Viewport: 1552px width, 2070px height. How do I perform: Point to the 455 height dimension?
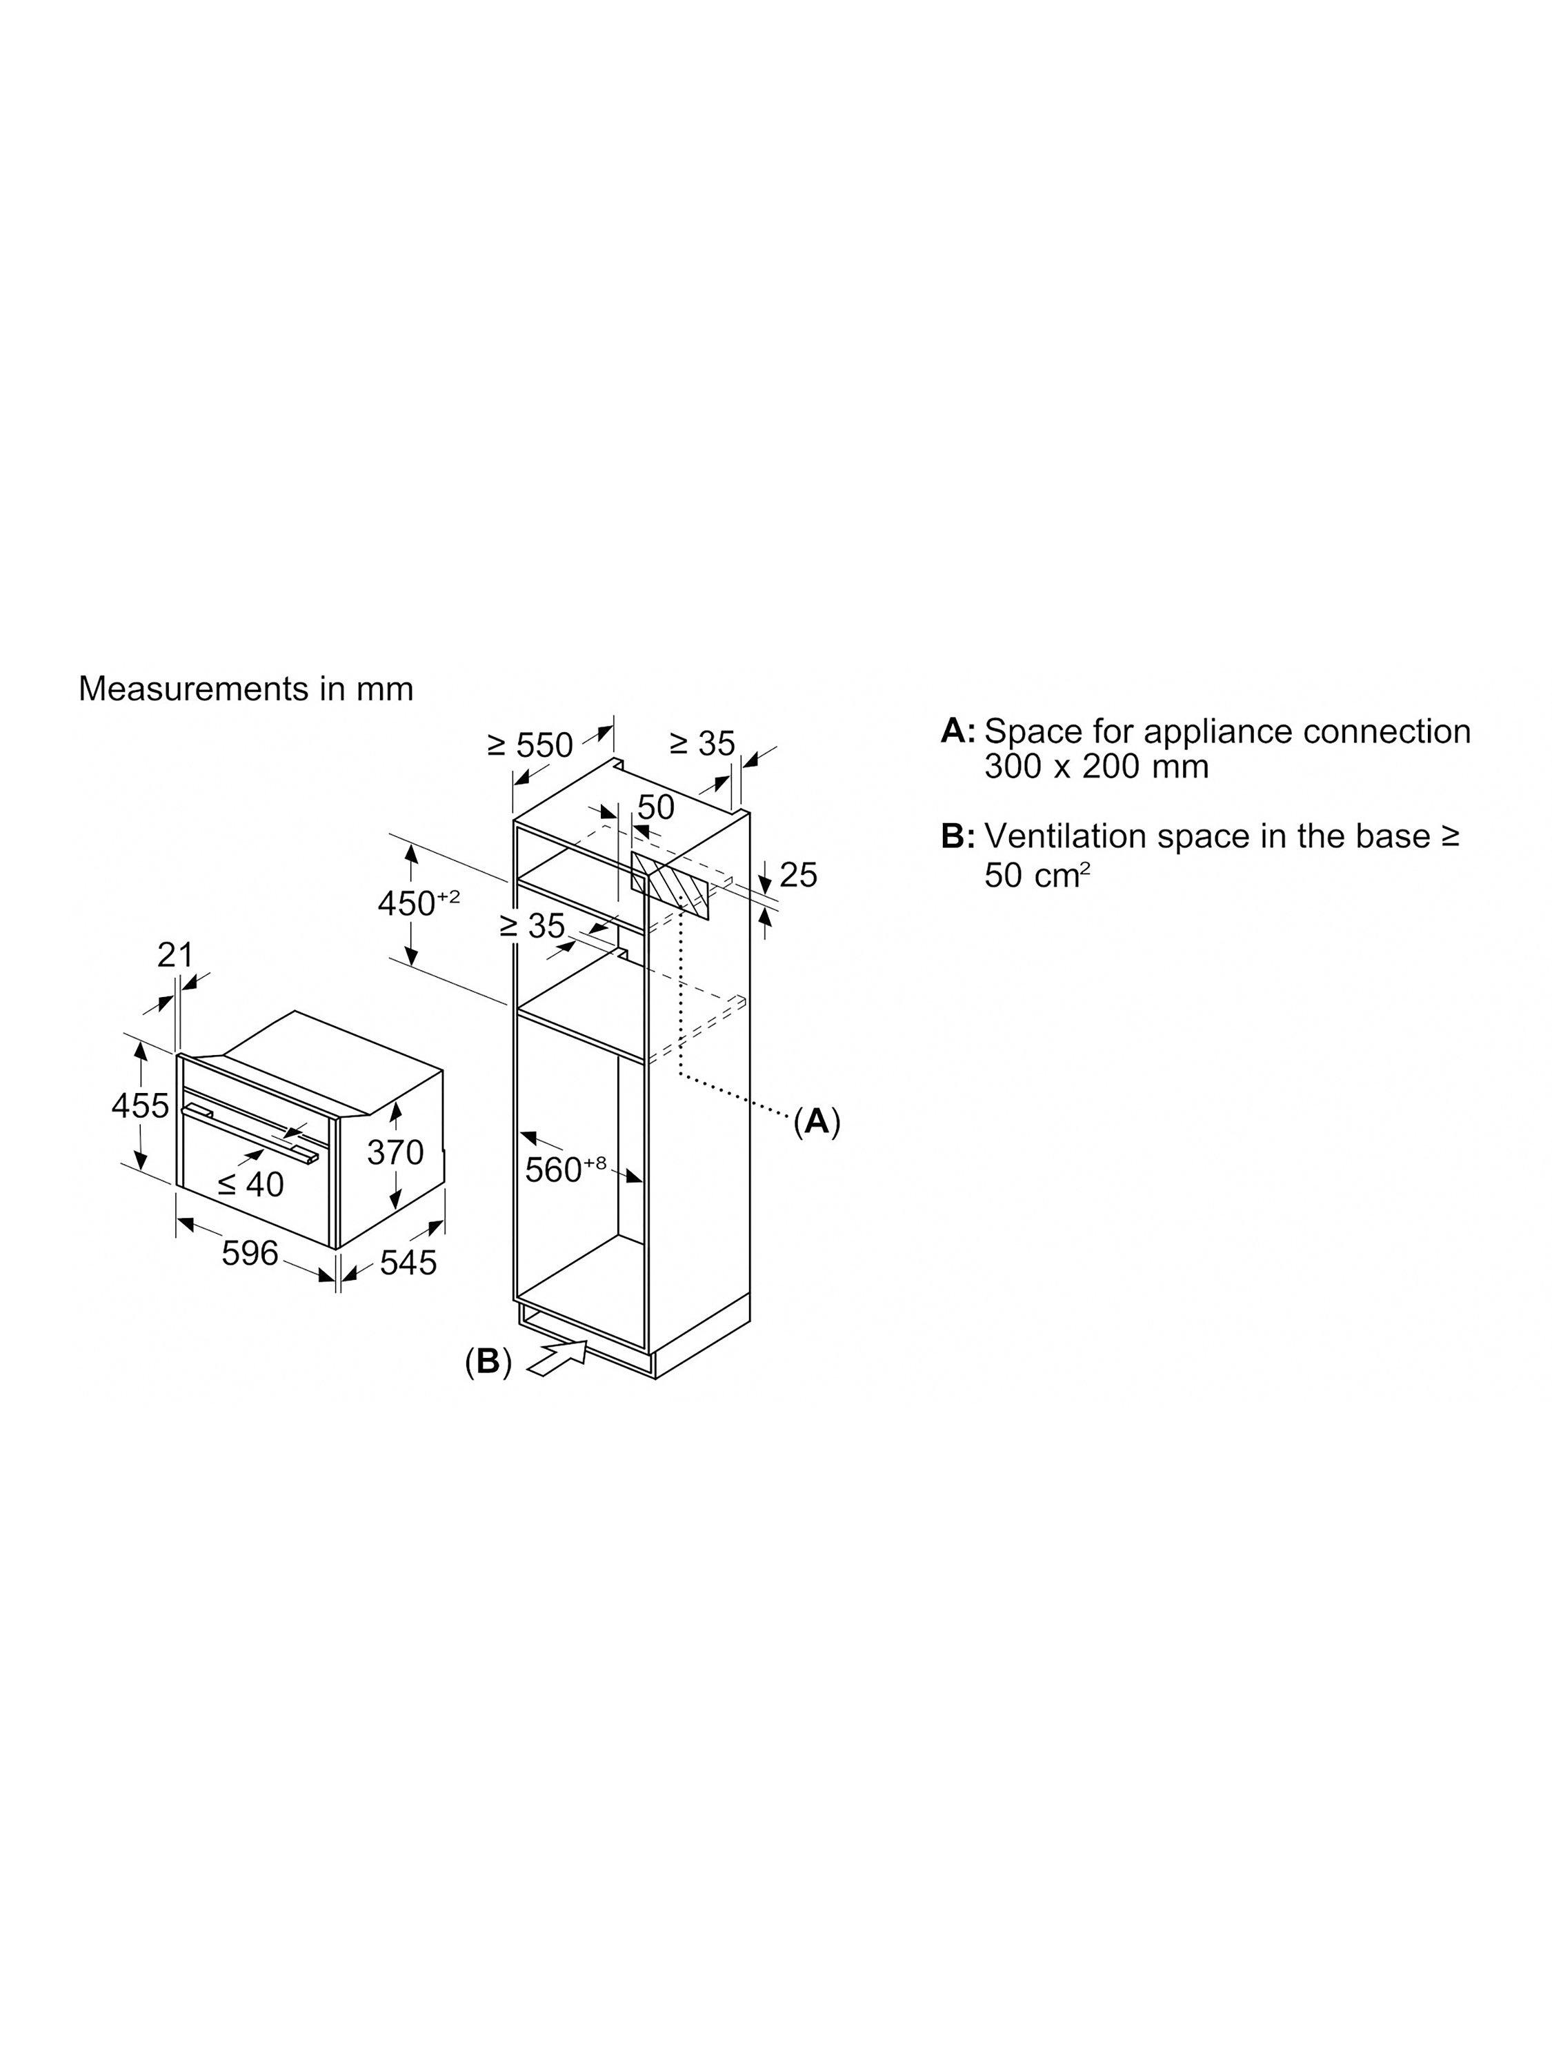point(140,1105)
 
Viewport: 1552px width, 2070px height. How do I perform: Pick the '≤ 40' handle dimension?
point(250,1185)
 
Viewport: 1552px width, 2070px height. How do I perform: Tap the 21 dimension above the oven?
point(175,956)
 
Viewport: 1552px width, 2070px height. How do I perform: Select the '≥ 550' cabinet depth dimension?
point(530,745)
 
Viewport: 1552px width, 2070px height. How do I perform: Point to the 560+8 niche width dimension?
point(565,1169)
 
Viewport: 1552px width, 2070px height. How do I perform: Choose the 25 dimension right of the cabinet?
point(798,875)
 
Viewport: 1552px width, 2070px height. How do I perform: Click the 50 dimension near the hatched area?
point(656,807)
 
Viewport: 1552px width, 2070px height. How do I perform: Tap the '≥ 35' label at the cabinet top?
point(703,744)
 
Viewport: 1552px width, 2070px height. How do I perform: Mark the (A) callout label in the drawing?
point(817,1120)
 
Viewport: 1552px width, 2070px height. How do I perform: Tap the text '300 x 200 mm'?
point(1097,767)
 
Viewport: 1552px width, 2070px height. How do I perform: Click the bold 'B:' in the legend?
point(958,836)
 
